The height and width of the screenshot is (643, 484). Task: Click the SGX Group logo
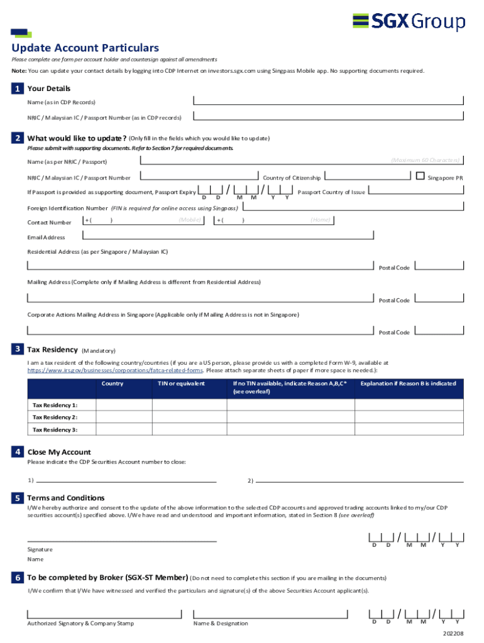[409, 22]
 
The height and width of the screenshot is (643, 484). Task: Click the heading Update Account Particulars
[85, 48]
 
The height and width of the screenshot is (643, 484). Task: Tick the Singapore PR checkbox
[420, 176]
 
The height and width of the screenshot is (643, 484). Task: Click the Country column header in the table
[113, 384]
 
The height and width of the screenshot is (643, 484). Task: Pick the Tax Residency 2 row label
[55, 417]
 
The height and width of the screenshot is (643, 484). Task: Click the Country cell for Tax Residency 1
[124, 405]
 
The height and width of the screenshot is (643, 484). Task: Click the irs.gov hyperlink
[115, 370]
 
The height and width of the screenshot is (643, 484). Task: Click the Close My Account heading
[59, 452]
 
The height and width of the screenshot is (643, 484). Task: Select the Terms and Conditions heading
[66, 498]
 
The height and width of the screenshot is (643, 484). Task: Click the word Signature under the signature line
[40, 549]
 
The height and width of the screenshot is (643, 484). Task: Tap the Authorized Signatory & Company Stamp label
[80, 624]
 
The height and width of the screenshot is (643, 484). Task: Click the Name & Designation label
[221, 624]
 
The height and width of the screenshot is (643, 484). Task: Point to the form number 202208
[453, 634]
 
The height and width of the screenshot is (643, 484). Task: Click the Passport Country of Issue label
[331, 192]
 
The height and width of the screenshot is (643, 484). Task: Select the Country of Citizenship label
[292, 178]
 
